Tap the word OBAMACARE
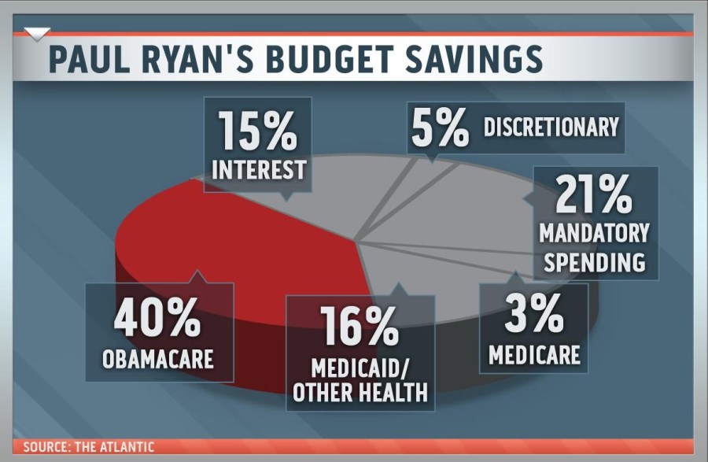158,360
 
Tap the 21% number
593,195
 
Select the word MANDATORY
595,234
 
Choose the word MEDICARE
534,353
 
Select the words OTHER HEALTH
360,392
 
